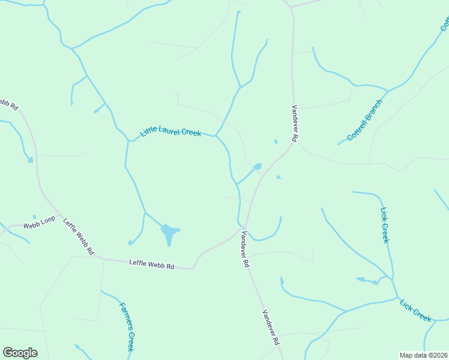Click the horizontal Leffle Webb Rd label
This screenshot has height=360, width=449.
tap(151, 265)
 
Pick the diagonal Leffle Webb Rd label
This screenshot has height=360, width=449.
tap(78, 236)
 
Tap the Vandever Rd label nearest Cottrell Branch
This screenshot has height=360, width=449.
tap(295, 123)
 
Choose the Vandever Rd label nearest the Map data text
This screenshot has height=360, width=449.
tap(271, 327)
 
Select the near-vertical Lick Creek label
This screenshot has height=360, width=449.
tap(385, 225)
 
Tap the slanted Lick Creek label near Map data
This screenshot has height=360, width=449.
tap(416, 308)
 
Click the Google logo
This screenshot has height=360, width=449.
tap(20, 353)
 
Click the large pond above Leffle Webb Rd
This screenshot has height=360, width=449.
tap(170, 232)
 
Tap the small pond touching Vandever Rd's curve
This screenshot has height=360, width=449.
tap(258, 166)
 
